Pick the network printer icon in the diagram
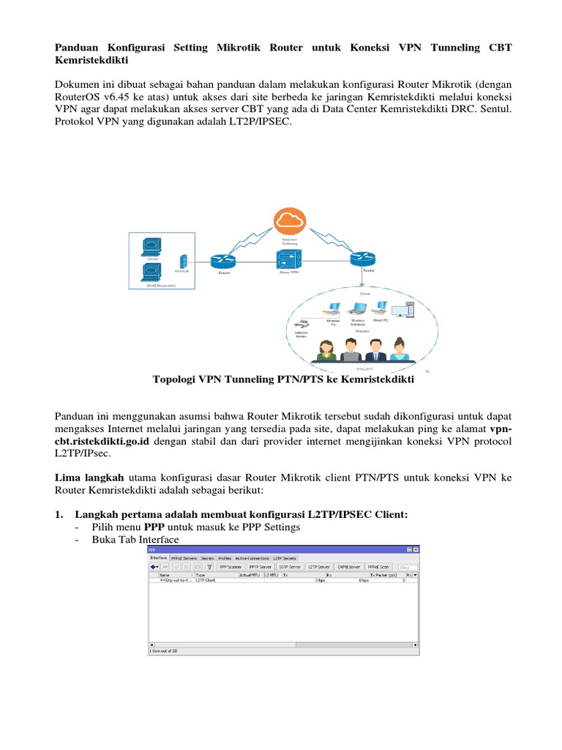pos(301,322)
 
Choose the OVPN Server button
pos(348,566)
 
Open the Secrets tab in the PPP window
pos(207,558)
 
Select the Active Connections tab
pos(251,558)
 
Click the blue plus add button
pos(155,566)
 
